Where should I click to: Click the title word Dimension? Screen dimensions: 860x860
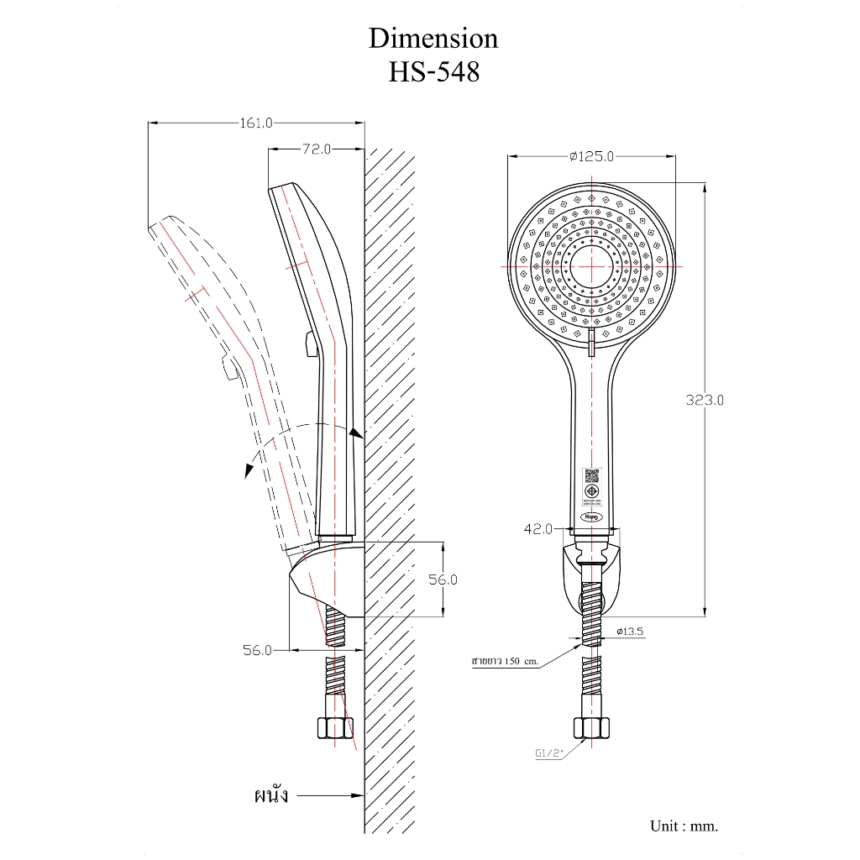tap(433, 39)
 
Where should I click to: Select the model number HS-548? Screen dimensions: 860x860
tap(433, 72)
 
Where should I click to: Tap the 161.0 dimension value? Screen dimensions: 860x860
tap(256, 123)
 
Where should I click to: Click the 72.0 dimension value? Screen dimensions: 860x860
tap(317, 149)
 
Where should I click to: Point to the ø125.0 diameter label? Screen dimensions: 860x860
tap(591, 156)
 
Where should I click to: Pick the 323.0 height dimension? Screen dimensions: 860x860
tap(704, 401)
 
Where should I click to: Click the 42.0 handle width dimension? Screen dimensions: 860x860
tap(537, 529)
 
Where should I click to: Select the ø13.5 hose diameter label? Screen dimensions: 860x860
tap(630, 630)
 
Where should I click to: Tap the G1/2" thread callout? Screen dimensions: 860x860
tap(548, 753)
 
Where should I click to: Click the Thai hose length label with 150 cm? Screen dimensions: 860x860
tap(504, 662)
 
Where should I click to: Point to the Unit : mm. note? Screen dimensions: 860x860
tap(684, 826)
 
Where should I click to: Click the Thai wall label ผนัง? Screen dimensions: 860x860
tap(270, 794)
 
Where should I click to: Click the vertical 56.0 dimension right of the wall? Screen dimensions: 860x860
tap(442, 579)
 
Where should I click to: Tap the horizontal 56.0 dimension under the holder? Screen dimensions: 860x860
tap(257, 649)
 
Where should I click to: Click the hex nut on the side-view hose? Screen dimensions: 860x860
tap(333, 727)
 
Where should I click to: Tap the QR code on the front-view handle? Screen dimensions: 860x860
tap(591, 474)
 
